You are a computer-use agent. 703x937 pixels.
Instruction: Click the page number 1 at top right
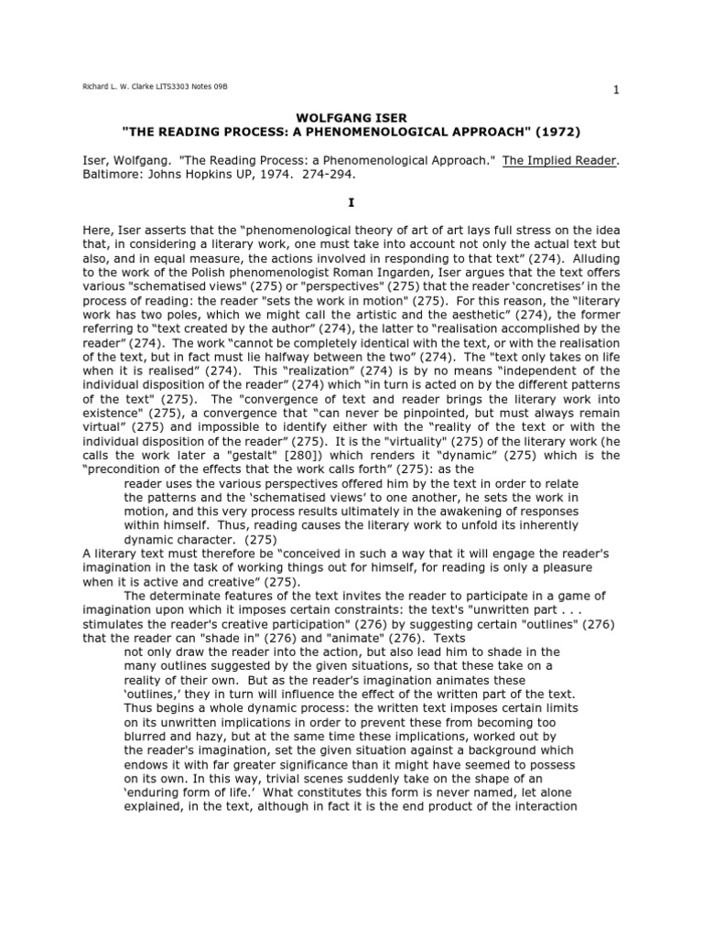pos(616,89)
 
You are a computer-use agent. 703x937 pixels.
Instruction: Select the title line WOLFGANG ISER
pos(351,118)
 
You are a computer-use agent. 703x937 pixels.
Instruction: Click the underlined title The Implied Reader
pos(560,158)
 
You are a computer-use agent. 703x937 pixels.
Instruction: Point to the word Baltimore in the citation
pos(114,173)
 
